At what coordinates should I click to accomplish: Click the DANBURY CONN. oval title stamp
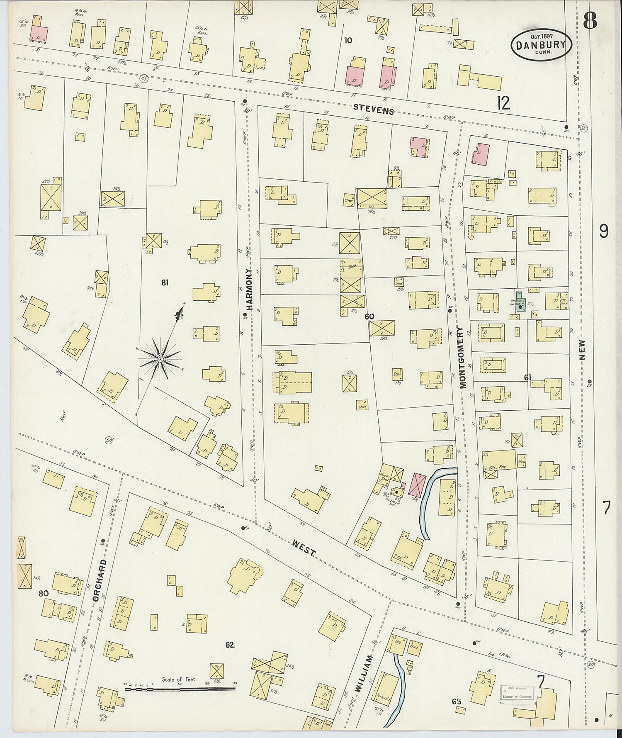541,44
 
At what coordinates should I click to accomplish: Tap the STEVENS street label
374,110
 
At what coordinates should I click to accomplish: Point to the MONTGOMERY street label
463,357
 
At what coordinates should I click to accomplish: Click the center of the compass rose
160,358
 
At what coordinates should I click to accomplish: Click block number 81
165,283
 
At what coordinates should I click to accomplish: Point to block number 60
369,317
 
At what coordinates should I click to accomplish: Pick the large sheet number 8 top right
590,19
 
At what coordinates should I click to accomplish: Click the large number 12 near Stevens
503,102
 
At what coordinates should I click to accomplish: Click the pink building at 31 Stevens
39,33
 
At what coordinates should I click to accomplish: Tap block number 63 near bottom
457,701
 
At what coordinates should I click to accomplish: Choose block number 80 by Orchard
43,593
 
